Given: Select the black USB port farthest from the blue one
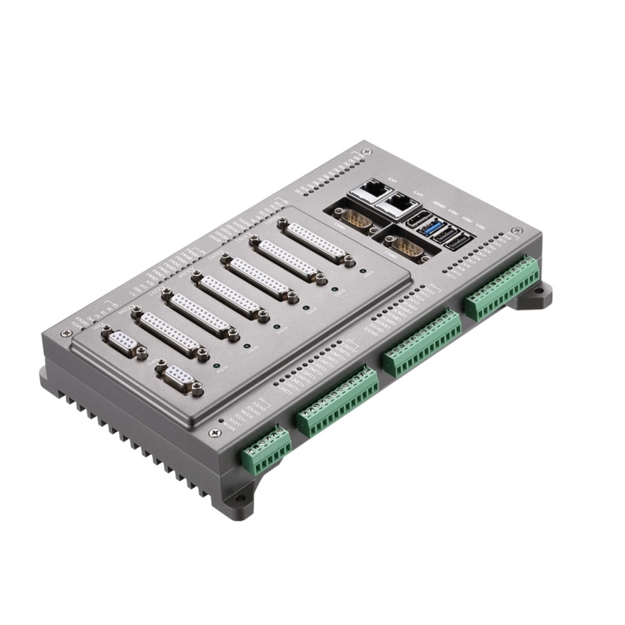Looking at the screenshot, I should point(458,243).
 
